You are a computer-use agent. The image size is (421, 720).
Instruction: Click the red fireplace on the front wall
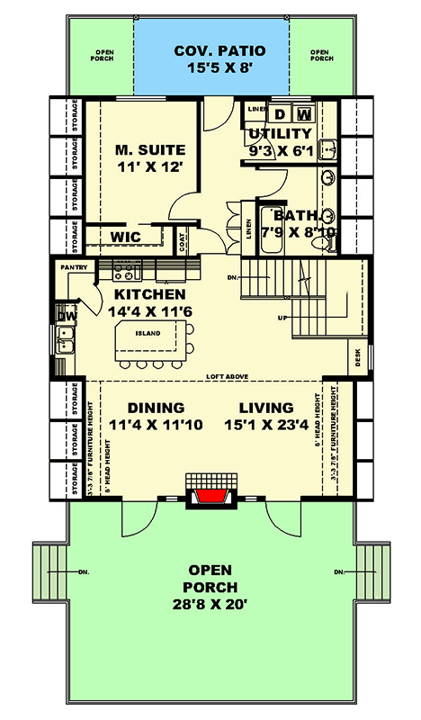(210, 498)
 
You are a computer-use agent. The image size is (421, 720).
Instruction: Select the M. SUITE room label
(149, 148)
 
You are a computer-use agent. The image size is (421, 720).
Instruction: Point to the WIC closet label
(123, 237)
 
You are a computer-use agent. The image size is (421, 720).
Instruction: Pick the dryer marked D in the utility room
(280, 113)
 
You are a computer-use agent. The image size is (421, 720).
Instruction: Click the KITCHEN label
(149, 294)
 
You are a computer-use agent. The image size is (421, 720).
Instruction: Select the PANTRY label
(74, 267)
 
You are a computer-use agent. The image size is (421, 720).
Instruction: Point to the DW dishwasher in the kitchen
(67, 316)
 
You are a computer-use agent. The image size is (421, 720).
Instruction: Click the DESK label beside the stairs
(359, 358)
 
